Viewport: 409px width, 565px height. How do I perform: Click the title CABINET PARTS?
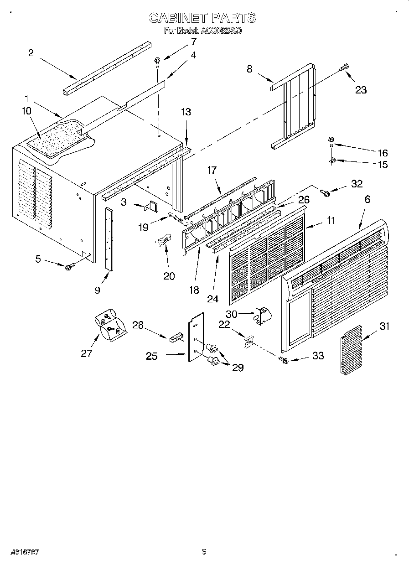click(x=203, y=18)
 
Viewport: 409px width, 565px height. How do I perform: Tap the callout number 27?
click(x=86, y=353)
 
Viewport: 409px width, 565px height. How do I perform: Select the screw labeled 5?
click(x=69, y=267)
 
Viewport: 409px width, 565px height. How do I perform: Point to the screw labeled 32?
click(x=326, y=193)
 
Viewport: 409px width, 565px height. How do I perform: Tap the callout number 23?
click(x=361, y=90)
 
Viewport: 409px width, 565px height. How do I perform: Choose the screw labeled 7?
click(x=157, y=60)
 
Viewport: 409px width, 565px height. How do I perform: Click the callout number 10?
click(x=26, y=111)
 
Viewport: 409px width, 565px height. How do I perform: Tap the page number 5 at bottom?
click(x=204, y=551)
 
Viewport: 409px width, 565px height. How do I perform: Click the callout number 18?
click(x=194, y=290)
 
